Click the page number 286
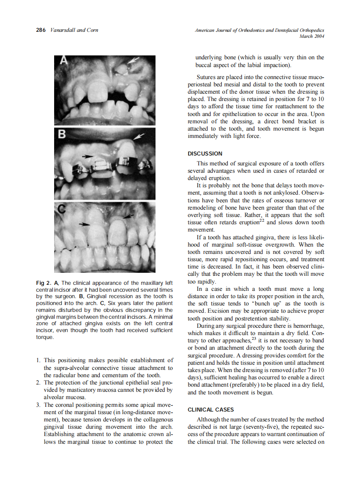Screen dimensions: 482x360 (x=41, y=31)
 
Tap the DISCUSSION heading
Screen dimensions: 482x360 (x=205, y=153)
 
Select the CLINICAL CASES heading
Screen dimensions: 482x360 (x=211, y=409)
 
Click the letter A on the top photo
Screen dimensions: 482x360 (x=63, y=61)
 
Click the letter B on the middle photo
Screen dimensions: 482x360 (x=63, y=135)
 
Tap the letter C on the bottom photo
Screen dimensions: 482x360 (x=63, y=210)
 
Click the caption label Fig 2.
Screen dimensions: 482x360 (x=43, y=283)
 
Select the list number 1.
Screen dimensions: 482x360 (x=38, y=360)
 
